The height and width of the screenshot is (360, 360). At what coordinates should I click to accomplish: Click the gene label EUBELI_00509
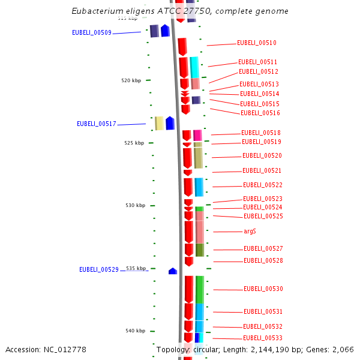pyautogui.click(x=91, y=32)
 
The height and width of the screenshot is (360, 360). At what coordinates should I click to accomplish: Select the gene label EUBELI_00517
pyautogui.click(x=96, y=124)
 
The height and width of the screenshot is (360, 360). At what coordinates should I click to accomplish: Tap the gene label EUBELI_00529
pyautogui.click(x=99, y=269)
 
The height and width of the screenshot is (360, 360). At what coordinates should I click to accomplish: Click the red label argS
pyautogui.click(x=250, y=231)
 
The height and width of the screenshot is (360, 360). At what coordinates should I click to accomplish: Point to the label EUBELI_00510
pyautogui.click(x=256, y=43)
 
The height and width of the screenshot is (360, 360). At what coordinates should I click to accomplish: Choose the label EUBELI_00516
pyautogui.click(x=260, y=113)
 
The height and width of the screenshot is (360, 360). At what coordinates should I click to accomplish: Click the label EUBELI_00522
pyautogui.click(x=262, y=185)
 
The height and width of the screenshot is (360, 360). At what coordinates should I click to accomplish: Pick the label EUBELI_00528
pyautogui.click(x=263, y=260)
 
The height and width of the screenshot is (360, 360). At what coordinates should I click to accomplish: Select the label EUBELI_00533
pyautogui.click(x=263, y=338)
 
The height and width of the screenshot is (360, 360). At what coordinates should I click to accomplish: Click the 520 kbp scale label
pyautogui.click(x=131, y=80)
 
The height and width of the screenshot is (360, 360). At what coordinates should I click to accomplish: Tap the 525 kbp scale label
pyautogui.click(x=134, y=143)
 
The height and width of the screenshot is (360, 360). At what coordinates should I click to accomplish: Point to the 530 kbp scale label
pyautogui.click(x=135, y=205)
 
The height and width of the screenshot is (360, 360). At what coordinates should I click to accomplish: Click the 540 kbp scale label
pyautogui.click(x=135, y=331)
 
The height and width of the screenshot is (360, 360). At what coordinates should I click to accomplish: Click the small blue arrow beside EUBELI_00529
pyautogui.click(x=173, y=271)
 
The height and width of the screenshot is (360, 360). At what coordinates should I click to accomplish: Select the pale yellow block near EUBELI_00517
pyautogui.click(x=159, y=123)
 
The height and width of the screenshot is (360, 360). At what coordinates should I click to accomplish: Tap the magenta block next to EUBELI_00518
pyautogui.click(x=197, y=135)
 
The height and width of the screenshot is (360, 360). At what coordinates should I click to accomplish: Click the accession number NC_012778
pyautogui.click(x=66, y=349)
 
